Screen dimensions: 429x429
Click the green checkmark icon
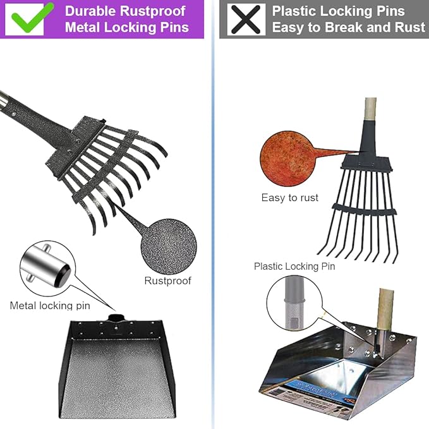29,18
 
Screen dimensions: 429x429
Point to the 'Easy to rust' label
290,198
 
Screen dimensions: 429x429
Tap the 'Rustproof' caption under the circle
167,281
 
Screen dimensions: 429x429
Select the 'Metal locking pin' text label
50,306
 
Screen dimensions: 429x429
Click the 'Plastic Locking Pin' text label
294,266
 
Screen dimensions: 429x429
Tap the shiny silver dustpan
335,366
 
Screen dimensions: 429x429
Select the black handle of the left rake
38,114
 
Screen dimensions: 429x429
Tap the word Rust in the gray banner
409,28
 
